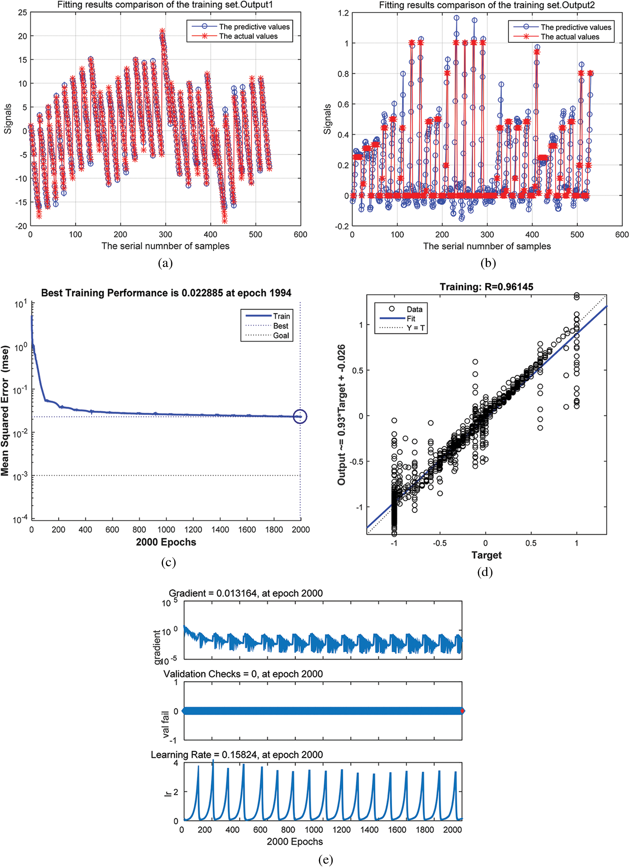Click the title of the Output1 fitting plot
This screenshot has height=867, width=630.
click(x=165, y=5)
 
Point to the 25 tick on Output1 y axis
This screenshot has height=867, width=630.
click(x=22, y=13)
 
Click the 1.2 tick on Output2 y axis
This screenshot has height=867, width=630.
click(x=344, y=13)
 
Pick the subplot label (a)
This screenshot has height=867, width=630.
click(x=165, y=263)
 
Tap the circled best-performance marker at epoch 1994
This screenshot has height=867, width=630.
click(x=300, y=416)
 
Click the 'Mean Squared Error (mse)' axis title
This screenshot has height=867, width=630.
click(x=5, y=411)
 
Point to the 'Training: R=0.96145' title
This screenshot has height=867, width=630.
click(x=486, y=287)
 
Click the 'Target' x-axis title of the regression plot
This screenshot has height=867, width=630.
click(x=486, y=555)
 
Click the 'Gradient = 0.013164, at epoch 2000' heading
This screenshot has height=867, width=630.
click(x=245, y=593)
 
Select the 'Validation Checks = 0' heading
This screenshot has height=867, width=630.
click(x=243, y=674)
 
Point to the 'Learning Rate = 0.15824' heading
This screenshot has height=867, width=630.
click(x=237, y=755)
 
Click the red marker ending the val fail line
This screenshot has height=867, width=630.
click(x=462, y=711)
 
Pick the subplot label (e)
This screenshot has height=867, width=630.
click(x=325, y=860)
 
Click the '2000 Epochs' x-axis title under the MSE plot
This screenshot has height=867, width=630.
click(x=166, y=542)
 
